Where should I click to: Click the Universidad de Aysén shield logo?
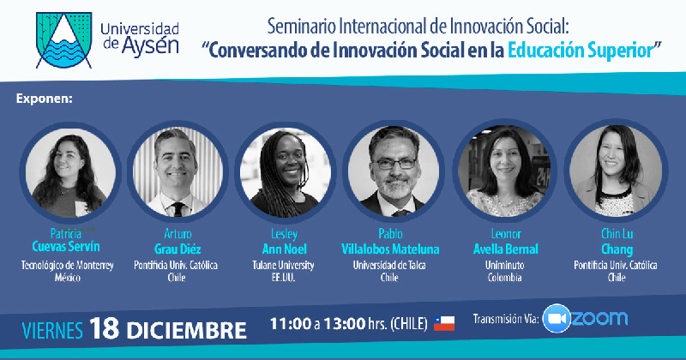coord(63,40)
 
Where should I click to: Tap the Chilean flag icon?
coord(444,323)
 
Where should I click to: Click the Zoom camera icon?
coord(557,319)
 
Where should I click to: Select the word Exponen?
coord(45,99)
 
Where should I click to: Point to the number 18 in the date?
coord(104,328)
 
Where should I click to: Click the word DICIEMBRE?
coord(187,330)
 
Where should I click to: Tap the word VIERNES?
coord(52,330)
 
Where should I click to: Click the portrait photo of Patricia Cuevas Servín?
coord(70,171)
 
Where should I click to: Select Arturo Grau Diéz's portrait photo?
coord(178,171)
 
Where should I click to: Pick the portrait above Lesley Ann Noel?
coord(286,171)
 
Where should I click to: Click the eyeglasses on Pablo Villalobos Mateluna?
coord(394,164)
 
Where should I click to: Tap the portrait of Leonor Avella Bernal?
coord(504,171)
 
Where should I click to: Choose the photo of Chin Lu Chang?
coord(616,171)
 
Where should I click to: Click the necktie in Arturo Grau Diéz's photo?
coord(178,209)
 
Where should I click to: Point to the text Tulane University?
coord(283,265)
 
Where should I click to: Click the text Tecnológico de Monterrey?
coord(68,265)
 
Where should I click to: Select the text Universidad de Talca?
coord(389,265)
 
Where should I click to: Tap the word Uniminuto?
coord(504,265)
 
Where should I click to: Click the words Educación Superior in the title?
coord(581,51)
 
